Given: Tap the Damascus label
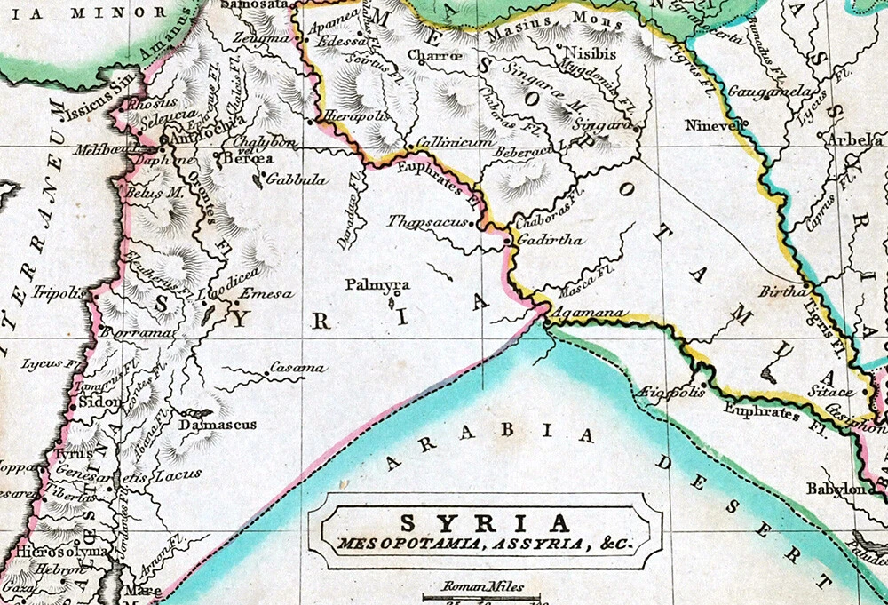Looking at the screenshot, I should [218, 426].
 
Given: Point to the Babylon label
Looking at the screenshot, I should [835, 489].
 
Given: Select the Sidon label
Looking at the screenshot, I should [99, 401].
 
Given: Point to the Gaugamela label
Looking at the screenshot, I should [757, 92].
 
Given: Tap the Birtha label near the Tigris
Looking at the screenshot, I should [781, 291].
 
